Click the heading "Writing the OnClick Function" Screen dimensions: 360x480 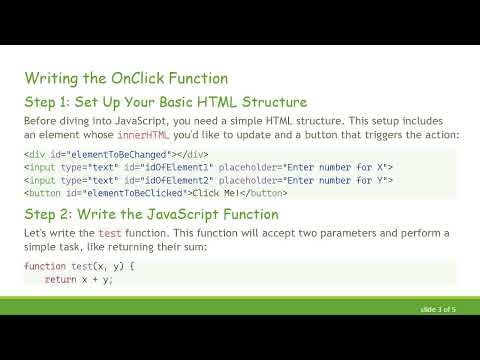126,77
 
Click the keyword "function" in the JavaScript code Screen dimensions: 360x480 44,267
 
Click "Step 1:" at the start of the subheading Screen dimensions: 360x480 51,101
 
